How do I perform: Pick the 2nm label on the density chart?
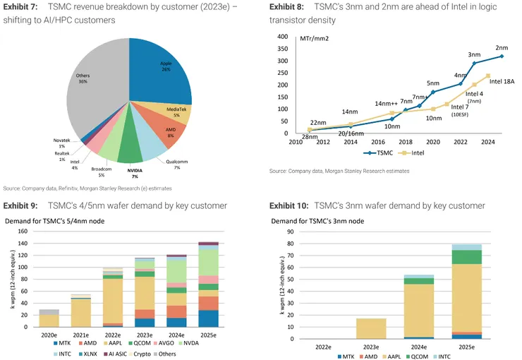(502, 47)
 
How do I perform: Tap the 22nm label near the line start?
(317, 123)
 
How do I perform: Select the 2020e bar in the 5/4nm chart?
(49, 318)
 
